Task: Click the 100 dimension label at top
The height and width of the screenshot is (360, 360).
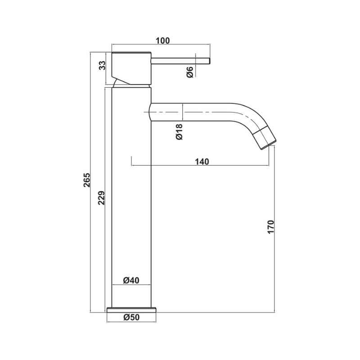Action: click(162, 40)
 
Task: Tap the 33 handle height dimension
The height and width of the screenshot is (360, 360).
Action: click(102, 65)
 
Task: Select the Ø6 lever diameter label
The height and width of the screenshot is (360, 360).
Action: click(189, 72)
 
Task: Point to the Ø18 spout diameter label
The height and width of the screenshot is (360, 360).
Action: click(179, 131)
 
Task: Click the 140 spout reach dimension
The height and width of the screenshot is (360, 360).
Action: click(202, 162)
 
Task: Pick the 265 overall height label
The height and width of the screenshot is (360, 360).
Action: click(87, 180)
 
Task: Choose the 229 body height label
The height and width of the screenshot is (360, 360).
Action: click(101, 198)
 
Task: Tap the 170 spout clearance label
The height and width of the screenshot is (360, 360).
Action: click(271, 227)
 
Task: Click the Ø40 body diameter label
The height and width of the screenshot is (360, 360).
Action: click(131, 280)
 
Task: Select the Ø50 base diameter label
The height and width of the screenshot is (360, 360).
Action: click(131, 317)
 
